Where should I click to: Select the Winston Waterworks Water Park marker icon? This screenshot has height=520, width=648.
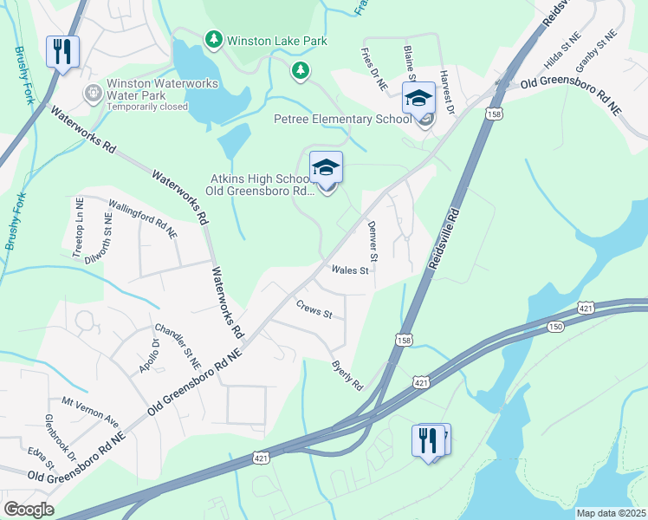pyautogui.click(x=92, y=91)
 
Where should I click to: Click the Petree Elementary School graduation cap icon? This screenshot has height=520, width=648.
pyautogui.click(x=418, y=98)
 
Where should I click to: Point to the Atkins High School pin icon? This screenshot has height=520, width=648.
pyautogui.click(x=326, y=167)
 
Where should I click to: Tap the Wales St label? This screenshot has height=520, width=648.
pyautogui.click(x=351, y=270)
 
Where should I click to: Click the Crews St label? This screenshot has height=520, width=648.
pyautogui.click(x=314, y=308)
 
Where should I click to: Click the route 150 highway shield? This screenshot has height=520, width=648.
pyautogui.click(x=554, y=326)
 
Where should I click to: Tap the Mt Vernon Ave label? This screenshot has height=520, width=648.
pyautogui.click(x=90, y=409)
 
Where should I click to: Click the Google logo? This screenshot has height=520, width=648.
pyautogui.click(x=29, y=510)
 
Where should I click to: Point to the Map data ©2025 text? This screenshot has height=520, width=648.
pyautogui.click(x=611, y=513)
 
